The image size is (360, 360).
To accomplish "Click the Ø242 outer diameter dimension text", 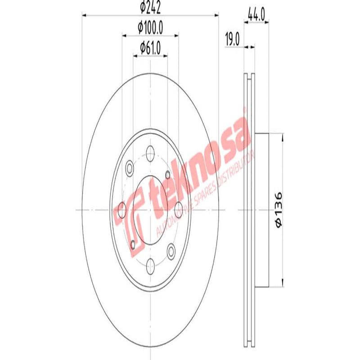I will [x=150, y=8].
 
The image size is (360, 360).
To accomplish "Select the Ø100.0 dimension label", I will [x=150, y=27].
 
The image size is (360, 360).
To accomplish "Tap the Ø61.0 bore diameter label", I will [x=150, y=47].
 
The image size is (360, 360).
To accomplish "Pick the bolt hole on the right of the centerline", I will [x=179, y=210].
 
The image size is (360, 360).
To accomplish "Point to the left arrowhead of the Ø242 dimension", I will [x=84, y=15].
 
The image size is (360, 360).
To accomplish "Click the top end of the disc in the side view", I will [x=249, y=75].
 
